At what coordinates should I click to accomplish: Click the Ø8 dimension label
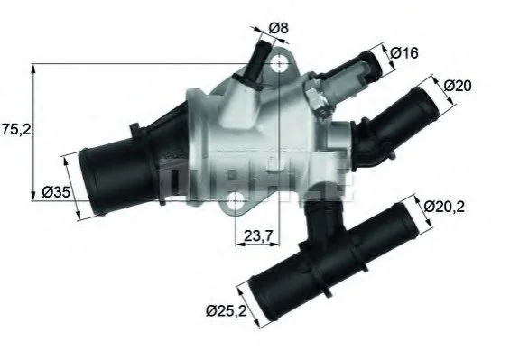pos(278,28)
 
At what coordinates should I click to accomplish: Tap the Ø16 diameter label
pos(404,53)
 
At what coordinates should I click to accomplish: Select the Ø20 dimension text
pos(458,87)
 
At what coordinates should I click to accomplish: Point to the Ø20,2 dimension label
pos(444,207)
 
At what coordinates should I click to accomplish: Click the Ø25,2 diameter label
pos(227,311)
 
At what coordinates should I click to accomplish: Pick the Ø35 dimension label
pos(56,192)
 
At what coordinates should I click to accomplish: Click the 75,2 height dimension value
pos(16,130)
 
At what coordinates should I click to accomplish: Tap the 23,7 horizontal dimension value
pos(257,235)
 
